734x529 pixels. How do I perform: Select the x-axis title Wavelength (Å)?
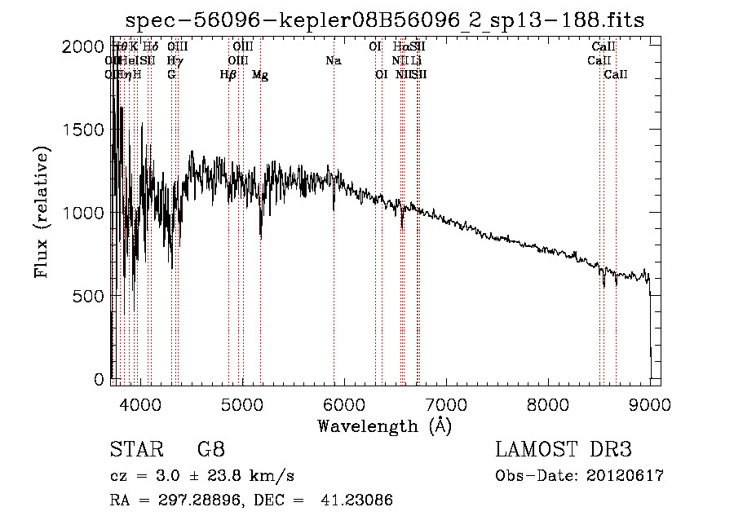click(x=384, y=425)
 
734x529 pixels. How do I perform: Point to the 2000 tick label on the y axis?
click(x=82, y=47)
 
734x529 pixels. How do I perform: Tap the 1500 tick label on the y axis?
click(x=82, y=130)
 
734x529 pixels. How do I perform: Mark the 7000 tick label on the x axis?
click(x=445, y=403)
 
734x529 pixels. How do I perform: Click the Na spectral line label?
click(x=333, y=61)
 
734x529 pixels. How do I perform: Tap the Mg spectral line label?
click(x=259, y=75)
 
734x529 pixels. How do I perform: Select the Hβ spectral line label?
click(x=228, y=75)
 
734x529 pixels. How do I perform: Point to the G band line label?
click(x=171, y=75)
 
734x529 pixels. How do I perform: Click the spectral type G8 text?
click(x=210, y=451)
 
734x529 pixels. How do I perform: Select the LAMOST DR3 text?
click(x=563, y=451)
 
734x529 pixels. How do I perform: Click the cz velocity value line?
click(x=201, y=476)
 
